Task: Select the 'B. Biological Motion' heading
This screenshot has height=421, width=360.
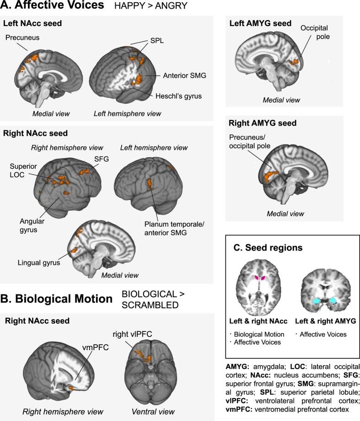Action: (58, 299)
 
